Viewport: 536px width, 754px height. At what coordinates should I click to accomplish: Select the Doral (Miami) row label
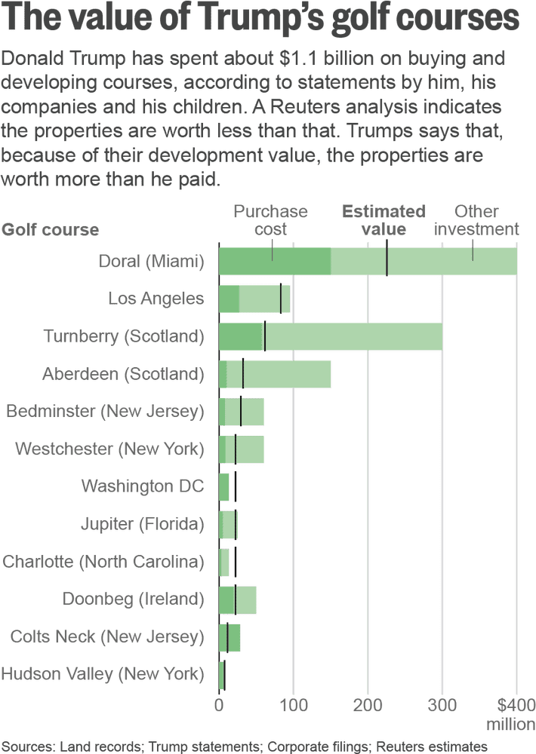tap(152, 261)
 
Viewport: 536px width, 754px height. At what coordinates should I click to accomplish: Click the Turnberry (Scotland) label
tap(124, 336)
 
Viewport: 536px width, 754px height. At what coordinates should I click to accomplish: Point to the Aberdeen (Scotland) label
tap(123, 373)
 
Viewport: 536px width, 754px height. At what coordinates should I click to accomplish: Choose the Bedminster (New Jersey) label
tap(105, 411)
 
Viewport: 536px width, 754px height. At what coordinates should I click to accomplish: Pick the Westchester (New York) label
tap(109, 449)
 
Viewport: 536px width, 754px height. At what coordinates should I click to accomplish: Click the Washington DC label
tap(143, 486)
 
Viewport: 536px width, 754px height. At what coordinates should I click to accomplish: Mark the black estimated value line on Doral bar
tap(387, 261)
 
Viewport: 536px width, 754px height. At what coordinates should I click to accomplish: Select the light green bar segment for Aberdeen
tap(287, 373)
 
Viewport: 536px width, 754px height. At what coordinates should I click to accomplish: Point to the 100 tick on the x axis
tap(294, 705)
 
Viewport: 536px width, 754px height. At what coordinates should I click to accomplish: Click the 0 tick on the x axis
tap(219, 705)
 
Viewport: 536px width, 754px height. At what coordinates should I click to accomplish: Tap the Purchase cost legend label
tap(270, 220)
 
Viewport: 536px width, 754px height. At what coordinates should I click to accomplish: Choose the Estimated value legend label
tap(384, 220)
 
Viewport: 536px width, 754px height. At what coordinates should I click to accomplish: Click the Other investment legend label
tap(476, 220)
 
